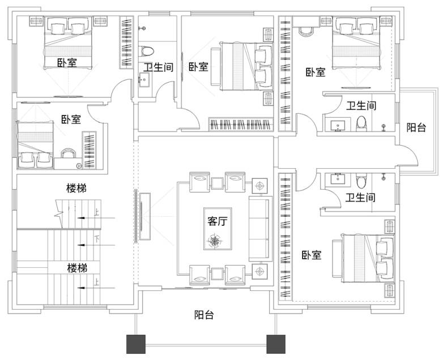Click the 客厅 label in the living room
(x=218, y=221)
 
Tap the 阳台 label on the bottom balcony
(x=204, y=315)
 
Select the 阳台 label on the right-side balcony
(x=416, y=127)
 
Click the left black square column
(x=136, y=344)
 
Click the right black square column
(x=276, y=344)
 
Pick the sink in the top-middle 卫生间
(x=144, y=80)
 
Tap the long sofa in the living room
(x=259, y=229)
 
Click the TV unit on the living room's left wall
(x=145, y=217)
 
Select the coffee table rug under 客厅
(x=218, y=229)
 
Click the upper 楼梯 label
(x=76, y=188)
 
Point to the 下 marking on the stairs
(x=97, y=239)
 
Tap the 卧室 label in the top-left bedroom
(x=67, y=63)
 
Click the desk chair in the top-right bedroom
(x=305, y=31)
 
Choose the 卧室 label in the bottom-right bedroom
(x=312, y=255)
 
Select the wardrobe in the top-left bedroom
(x=126, y=42)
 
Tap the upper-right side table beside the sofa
(x=259, y=186)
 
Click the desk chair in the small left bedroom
(x=69, y=153)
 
